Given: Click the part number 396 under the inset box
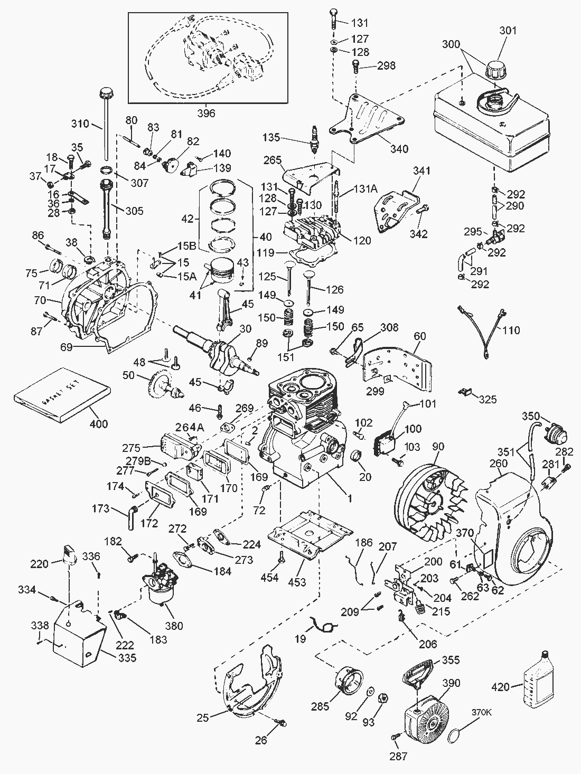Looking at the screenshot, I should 206,112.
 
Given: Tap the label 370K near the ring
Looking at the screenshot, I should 481,712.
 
